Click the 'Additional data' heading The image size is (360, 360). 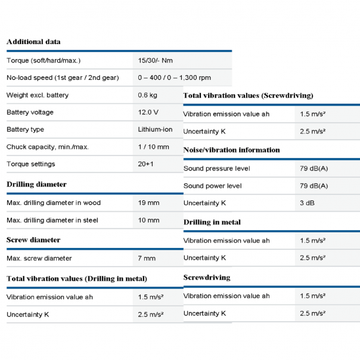33,42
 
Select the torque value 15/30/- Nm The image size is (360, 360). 156,61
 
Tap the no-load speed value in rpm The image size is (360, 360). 174,77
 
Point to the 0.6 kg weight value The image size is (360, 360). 147,95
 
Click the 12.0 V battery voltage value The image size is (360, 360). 148,112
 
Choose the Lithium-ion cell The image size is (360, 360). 155,129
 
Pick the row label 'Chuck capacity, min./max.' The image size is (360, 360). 47,147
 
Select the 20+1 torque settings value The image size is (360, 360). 146,164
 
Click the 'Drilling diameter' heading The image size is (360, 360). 36,184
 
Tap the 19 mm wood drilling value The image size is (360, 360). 148,203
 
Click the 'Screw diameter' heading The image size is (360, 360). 33,240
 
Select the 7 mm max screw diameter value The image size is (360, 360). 147,258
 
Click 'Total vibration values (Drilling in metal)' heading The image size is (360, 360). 77,278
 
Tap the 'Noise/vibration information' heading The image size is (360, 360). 231,150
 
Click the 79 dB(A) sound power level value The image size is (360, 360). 314,186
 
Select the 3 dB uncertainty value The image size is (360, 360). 308,203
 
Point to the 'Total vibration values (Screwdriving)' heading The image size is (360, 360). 248,95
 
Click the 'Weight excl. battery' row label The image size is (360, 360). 38,95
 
